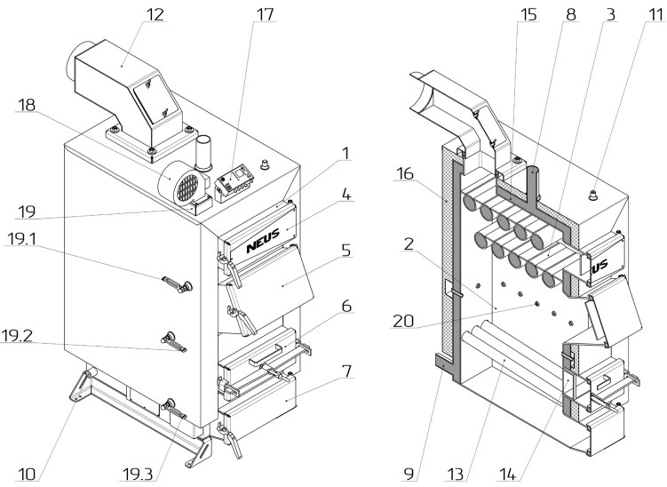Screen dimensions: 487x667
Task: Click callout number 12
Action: (x=156, y=15)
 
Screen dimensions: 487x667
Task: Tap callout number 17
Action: (x=265, y=15)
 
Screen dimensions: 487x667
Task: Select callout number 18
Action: (x=27, y=106)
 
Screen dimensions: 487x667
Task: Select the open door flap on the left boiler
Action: (x=280, y=282)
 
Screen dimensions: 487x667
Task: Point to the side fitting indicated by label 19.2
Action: (x=171, y=340)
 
